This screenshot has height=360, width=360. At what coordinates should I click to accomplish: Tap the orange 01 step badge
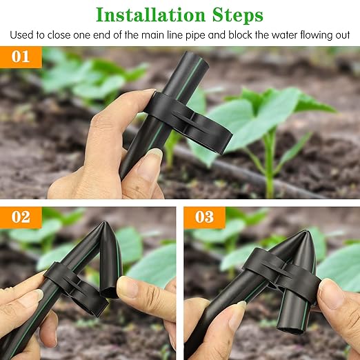(21, 57)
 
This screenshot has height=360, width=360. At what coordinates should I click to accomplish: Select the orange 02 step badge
(21, 217)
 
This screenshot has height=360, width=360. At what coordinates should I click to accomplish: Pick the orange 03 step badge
(204, 217)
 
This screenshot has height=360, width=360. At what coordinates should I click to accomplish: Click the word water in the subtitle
(274, 34)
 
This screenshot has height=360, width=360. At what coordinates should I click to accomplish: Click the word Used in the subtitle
(21, 34)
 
